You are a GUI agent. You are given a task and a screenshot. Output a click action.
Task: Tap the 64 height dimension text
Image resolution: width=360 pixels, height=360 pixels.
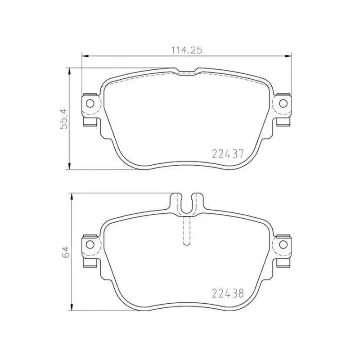(x=66, y=252)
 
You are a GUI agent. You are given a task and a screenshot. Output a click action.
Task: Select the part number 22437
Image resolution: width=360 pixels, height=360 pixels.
(x=228, y=154)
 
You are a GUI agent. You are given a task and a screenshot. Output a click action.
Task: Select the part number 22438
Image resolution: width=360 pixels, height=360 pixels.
(x=228, y=294)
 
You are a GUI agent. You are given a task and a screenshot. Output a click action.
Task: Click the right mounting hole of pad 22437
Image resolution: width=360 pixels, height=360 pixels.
(x=283, y=103)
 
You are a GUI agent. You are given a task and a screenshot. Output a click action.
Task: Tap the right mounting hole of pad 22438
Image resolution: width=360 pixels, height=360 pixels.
(x=283, y=244)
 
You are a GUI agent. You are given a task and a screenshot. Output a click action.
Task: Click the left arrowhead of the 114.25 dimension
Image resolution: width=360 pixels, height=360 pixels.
(x=84, y=56)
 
